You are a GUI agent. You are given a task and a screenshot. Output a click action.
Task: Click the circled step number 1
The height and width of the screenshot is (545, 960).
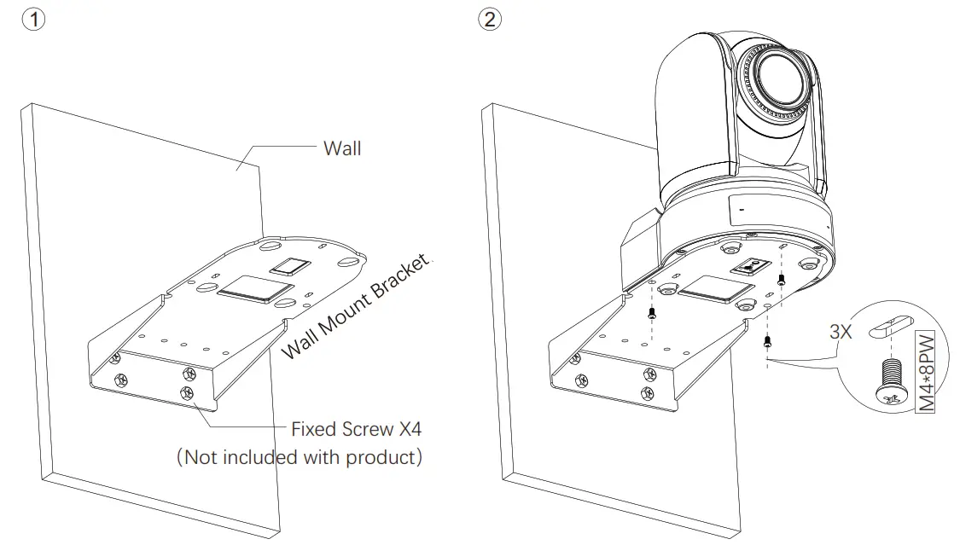click(32, 20)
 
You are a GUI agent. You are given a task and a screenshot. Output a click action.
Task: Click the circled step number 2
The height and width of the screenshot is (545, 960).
click(489, 20)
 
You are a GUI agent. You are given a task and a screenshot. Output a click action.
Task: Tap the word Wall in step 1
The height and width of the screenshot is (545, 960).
click(341, 148)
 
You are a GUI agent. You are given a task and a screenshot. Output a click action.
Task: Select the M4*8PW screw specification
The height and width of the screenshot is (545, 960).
click(926, 372)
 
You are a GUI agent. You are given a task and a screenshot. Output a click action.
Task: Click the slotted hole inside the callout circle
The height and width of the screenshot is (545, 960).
click(891, 328)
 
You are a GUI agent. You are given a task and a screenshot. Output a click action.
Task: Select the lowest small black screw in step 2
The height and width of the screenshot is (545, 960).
click(767, 342)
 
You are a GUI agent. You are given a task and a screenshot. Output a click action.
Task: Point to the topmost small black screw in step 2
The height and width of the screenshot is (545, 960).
click(781, 280)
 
